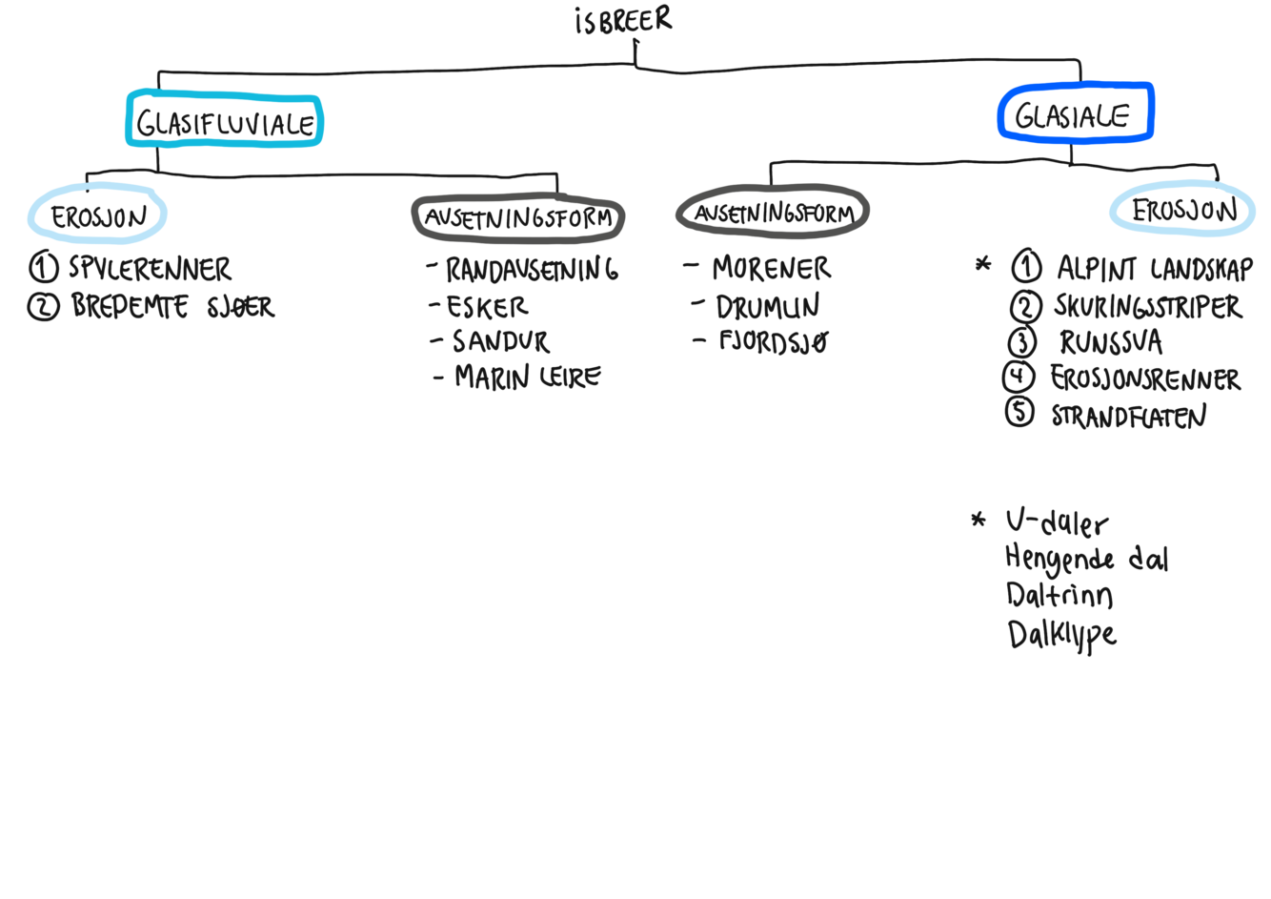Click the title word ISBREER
(625, 22)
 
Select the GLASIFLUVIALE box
(225, 121)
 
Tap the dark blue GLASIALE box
(1075, 114)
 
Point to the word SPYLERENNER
(150, 270)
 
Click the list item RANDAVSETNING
(532, 271)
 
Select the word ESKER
(487, 307)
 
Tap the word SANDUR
(501, 341)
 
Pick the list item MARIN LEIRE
(528, 378)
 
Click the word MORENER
(771, 269)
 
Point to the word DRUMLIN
(767, 307)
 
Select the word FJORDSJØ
(773, 342)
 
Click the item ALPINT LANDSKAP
(1152, 269)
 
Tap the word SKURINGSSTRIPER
(1148, 306)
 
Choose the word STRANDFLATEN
(1129, 417)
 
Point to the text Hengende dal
(1087, 560)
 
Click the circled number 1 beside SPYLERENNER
(44, 270)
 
